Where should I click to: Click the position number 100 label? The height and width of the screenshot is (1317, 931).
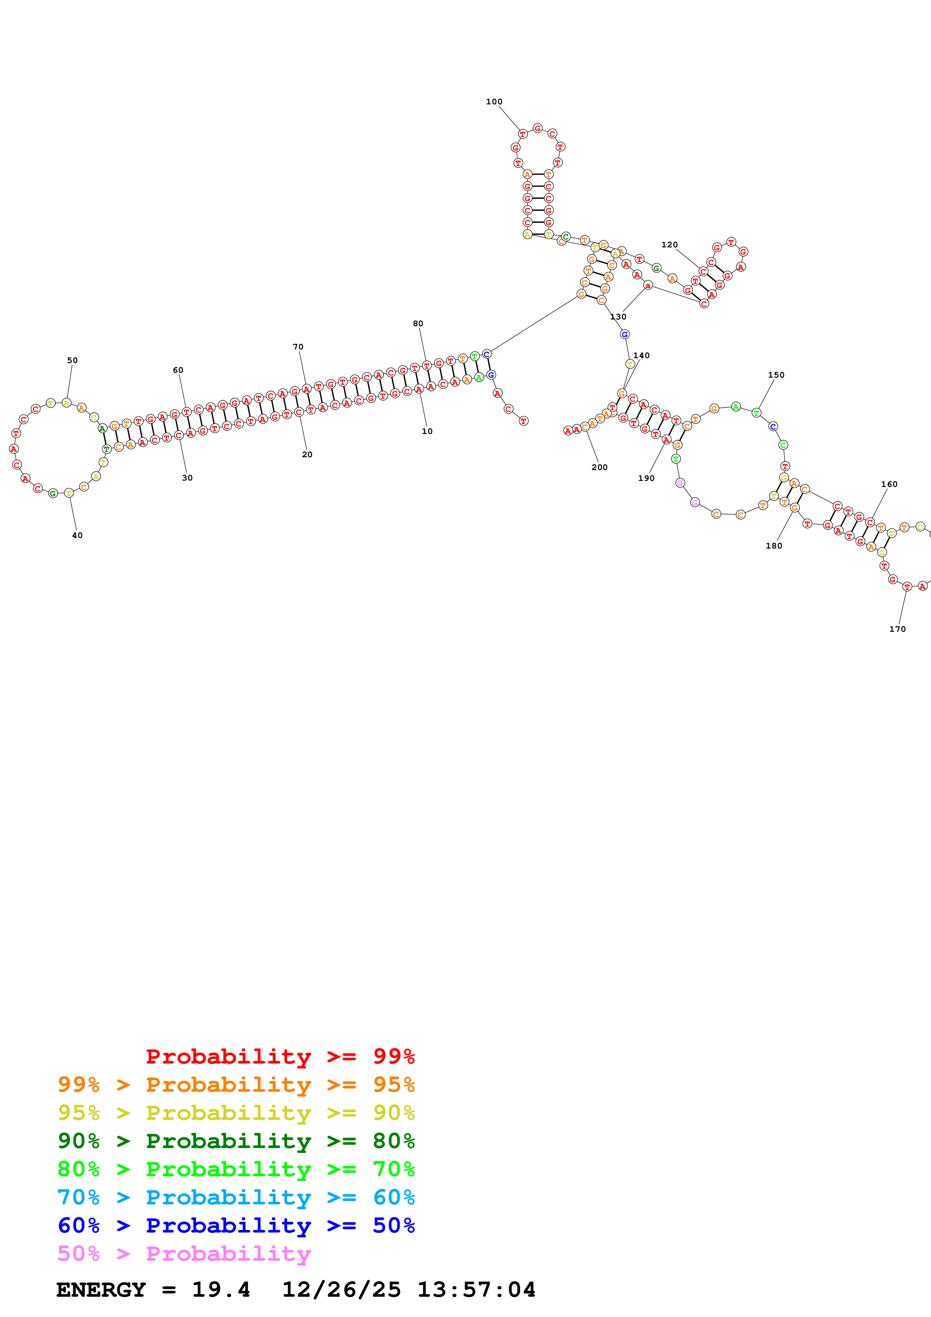click(494, 101)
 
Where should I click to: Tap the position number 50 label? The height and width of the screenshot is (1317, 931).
click(72, 360)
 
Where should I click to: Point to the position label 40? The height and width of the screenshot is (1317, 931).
click(77, 535)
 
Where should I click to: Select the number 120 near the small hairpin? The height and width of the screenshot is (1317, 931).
click(669, 244)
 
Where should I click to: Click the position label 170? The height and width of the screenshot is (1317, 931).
click(897, 629)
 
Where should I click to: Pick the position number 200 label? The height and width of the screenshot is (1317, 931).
click(599, 467)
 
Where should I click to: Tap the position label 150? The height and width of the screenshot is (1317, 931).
click(776, 375)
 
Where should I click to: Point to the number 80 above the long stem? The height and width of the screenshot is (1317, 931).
click(418, 324)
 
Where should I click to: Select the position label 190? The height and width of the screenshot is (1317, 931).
click(646, 478)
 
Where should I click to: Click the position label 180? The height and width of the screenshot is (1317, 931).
click(774, 545)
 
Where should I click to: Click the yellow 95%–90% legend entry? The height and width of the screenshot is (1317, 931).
click(236, 1112)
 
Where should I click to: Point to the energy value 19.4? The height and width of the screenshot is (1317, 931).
click(221, 1290)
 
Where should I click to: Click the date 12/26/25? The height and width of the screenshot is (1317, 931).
click(341, 1290)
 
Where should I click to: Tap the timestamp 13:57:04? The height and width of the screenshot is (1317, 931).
click(476, 1290)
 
